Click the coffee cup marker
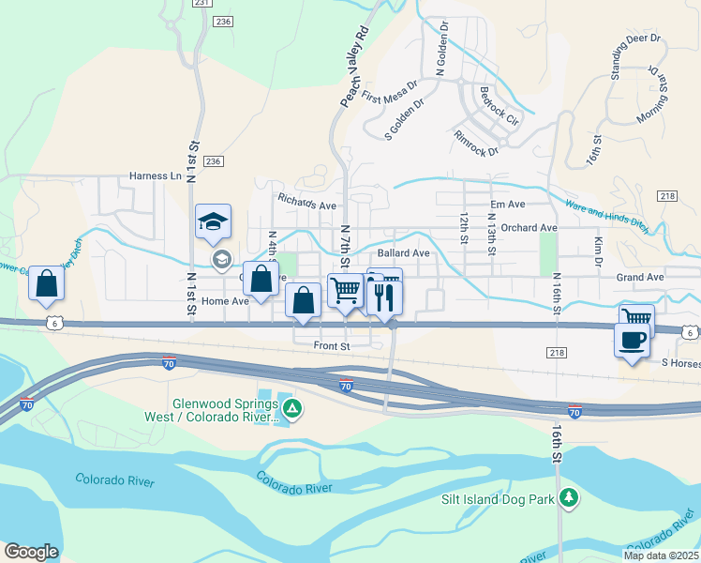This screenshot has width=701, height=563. click(x=632, y=340)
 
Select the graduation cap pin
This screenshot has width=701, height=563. click(x=213, y=222)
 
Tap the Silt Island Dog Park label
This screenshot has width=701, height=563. click(x=498, y=499)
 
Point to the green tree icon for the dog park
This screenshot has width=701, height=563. click(x=566, y=496)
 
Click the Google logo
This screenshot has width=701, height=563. click(x=31, y=552)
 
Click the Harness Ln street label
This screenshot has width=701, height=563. click(x=155, y=175)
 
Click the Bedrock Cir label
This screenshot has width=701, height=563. click(x=499, y=107)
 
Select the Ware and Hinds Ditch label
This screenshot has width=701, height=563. click(x=605, y=213)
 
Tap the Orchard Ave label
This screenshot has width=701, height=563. click(x=529, y=227)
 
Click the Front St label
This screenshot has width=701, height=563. click(x=331, y=345)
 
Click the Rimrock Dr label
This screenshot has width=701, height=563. click(x=476, y=143)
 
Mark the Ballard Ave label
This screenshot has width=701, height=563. click(x=403, y=252)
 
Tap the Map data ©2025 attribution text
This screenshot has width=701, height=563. click(x=662, y=555)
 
